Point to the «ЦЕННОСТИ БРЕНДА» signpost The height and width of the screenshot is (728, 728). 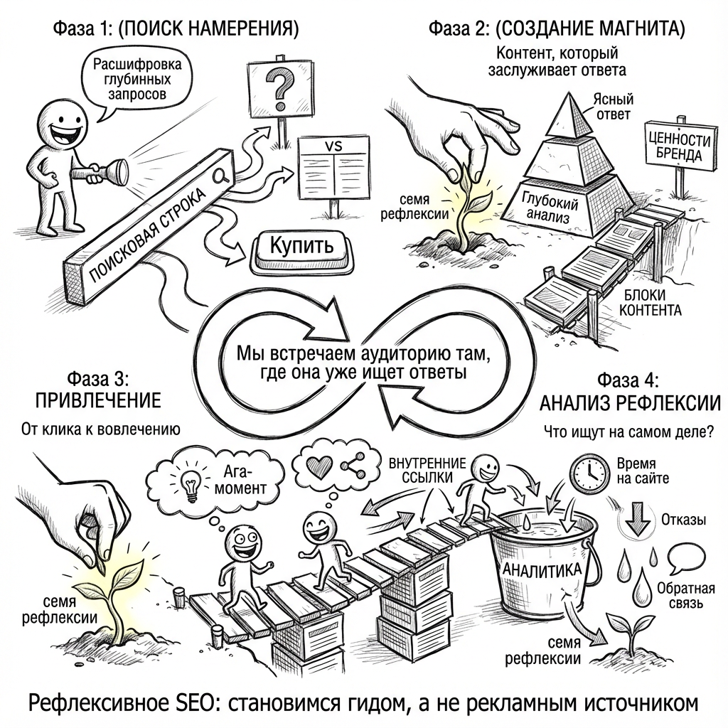tap(678, 144)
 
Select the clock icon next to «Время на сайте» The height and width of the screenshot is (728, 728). tap(589, 471)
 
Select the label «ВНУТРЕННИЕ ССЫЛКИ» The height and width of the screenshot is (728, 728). tap(427, 470)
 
